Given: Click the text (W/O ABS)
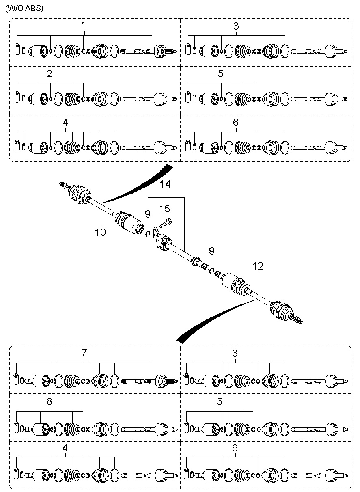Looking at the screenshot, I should pos(24,8).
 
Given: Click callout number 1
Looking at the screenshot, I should pos(84,25).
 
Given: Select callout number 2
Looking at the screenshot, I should pos(50,74).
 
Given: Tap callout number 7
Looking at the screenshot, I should pos(84,352).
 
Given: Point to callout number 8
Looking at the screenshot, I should pos(50,401).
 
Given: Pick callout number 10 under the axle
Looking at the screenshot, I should pos(100,232).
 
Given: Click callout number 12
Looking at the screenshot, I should pos(258,266).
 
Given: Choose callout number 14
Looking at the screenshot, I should pos(165,184).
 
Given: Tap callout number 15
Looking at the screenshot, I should pos(164,209).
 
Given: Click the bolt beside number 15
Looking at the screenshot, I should pos(166,222).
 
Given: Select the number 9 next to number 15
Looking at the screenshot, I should pos(148,213).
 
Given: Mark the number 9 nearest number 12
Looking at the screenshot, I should pos(212,251).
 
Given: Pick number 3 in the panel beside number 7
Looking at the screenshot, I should pos(235,353).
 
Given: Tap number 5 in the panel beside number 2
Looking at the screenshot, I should pos(221,74).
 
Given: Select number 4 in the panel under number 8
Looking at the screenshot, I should pos(65,448).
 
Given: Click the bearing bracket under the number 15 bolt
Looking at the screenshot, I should pos(161,242).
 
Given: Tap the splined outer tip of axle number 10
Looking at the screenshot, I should pos(64,185).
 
